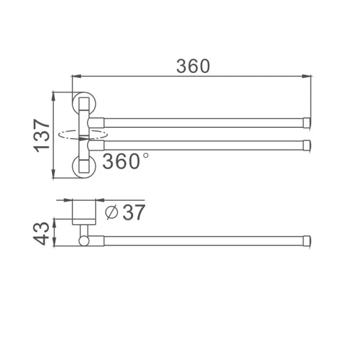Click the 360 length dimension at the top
pos(193,66)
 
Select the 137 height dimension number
pos(42,135)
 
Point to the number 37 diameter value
pos(134,212)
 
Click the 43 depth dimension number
pos(42,232)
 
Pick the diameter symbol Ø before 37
pos(111,212)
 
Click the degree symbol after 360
pos(145,156)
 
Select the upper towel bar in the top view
pos(202,122)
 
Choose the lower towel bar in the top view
pos(202,145)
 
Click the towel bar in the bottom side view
pos(202,241)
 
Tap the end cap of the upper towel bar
pos(307,122)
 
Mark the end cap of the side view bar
pos(307,241)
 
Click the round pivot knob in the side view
pos(84,241)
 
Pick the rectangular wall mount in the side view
pos(84,211)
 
